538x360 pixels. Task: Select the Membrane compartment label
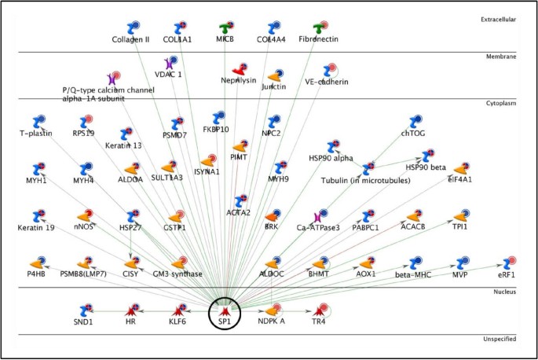[x=504, y=57]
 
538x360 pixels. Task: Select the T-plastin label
[x=36, y=133]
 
